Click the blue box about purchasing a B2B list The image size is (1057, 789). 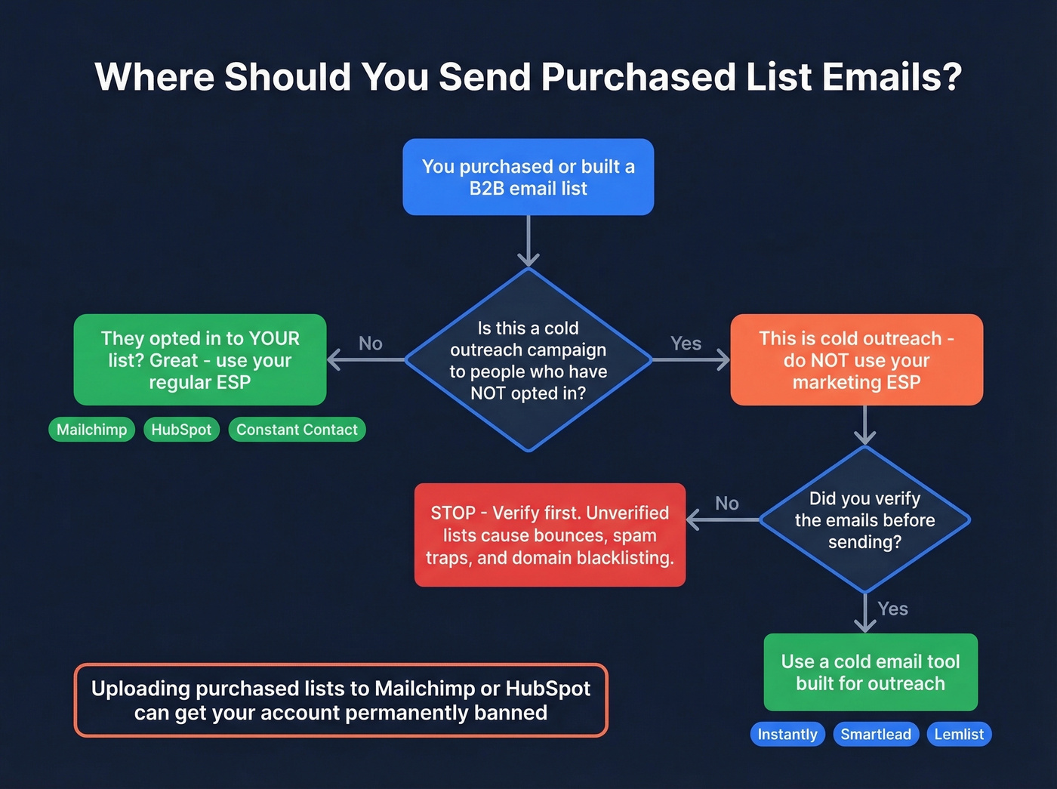[528, 177]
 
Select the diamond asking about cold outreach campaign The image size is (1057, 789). [528, 360]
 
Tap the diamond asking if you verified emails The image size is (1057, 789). [864, 519]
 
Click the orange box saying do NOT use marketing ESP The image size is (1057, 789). [856, 360]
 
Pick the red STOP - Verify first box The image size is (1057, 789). [550, 535]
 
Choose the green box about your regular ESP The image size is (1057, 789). [200, 360]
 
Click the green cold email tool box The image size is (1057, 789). [871, 672]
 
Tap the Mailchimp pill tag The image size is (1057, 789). [91, 430]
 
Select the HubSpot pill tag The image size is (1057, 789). [181, 430]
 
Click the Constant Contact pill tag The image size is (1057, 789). [297, 430]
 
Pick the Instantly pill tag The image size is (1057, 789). [787, 734]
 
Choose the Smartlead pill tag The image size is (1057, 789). [876, 734]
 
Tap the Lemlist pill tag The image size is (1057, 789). [959, 734]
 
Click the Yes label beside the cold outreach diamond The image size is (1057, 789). [686, 344]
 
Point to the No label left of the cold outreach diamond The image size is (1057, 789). [370, 344]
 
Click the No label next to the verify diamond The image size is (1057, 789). [726, 503]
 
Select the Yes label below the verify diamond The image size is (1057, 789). [892, 609]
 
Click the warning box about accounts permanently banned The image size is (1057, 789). [341, 700]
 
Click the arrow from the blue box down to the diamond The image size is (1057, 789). [528, 242]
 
